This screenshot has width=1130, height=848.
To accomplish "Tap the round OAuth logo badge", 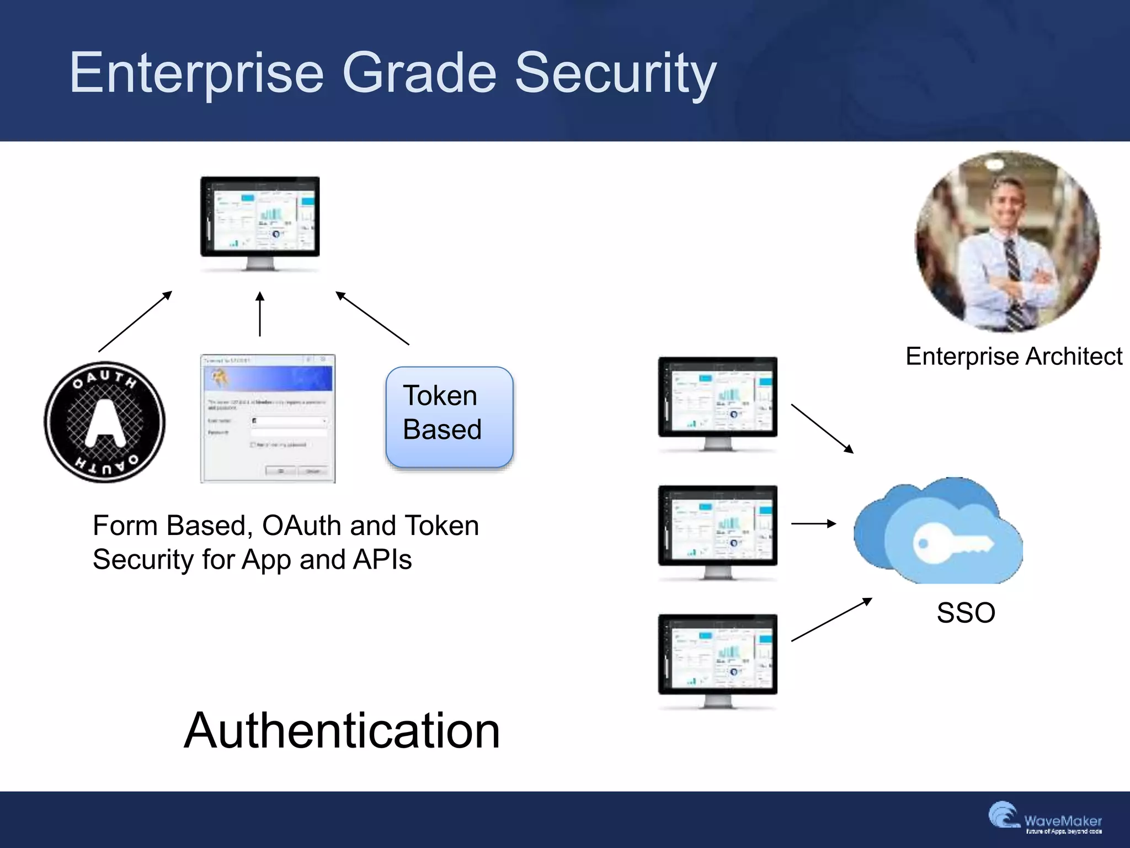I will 105,422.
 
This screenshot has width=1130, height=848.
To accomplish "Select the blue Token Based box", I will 450,417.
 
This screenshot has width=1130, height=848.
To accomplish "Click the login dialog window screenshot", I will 268,418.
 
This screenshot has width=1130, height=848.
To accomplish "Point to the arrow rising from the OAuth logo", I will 135,321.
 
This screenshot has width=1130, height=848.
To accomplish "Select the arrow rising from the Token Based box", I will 372,318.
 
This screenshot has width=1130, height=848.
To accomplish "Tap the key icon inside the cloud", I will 952,544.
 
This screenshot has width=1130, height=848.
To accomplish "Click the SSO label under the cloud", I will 966,613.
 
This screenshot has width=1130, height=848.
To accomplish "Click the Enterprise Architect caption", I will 1014,357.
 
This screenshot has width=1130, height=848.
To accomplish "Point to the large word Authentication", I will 342,730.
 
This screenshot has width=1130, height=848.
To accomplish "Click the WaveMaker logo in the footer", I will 1046,819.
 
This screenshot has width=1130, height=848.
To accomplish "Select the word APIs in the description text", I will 382,559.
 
